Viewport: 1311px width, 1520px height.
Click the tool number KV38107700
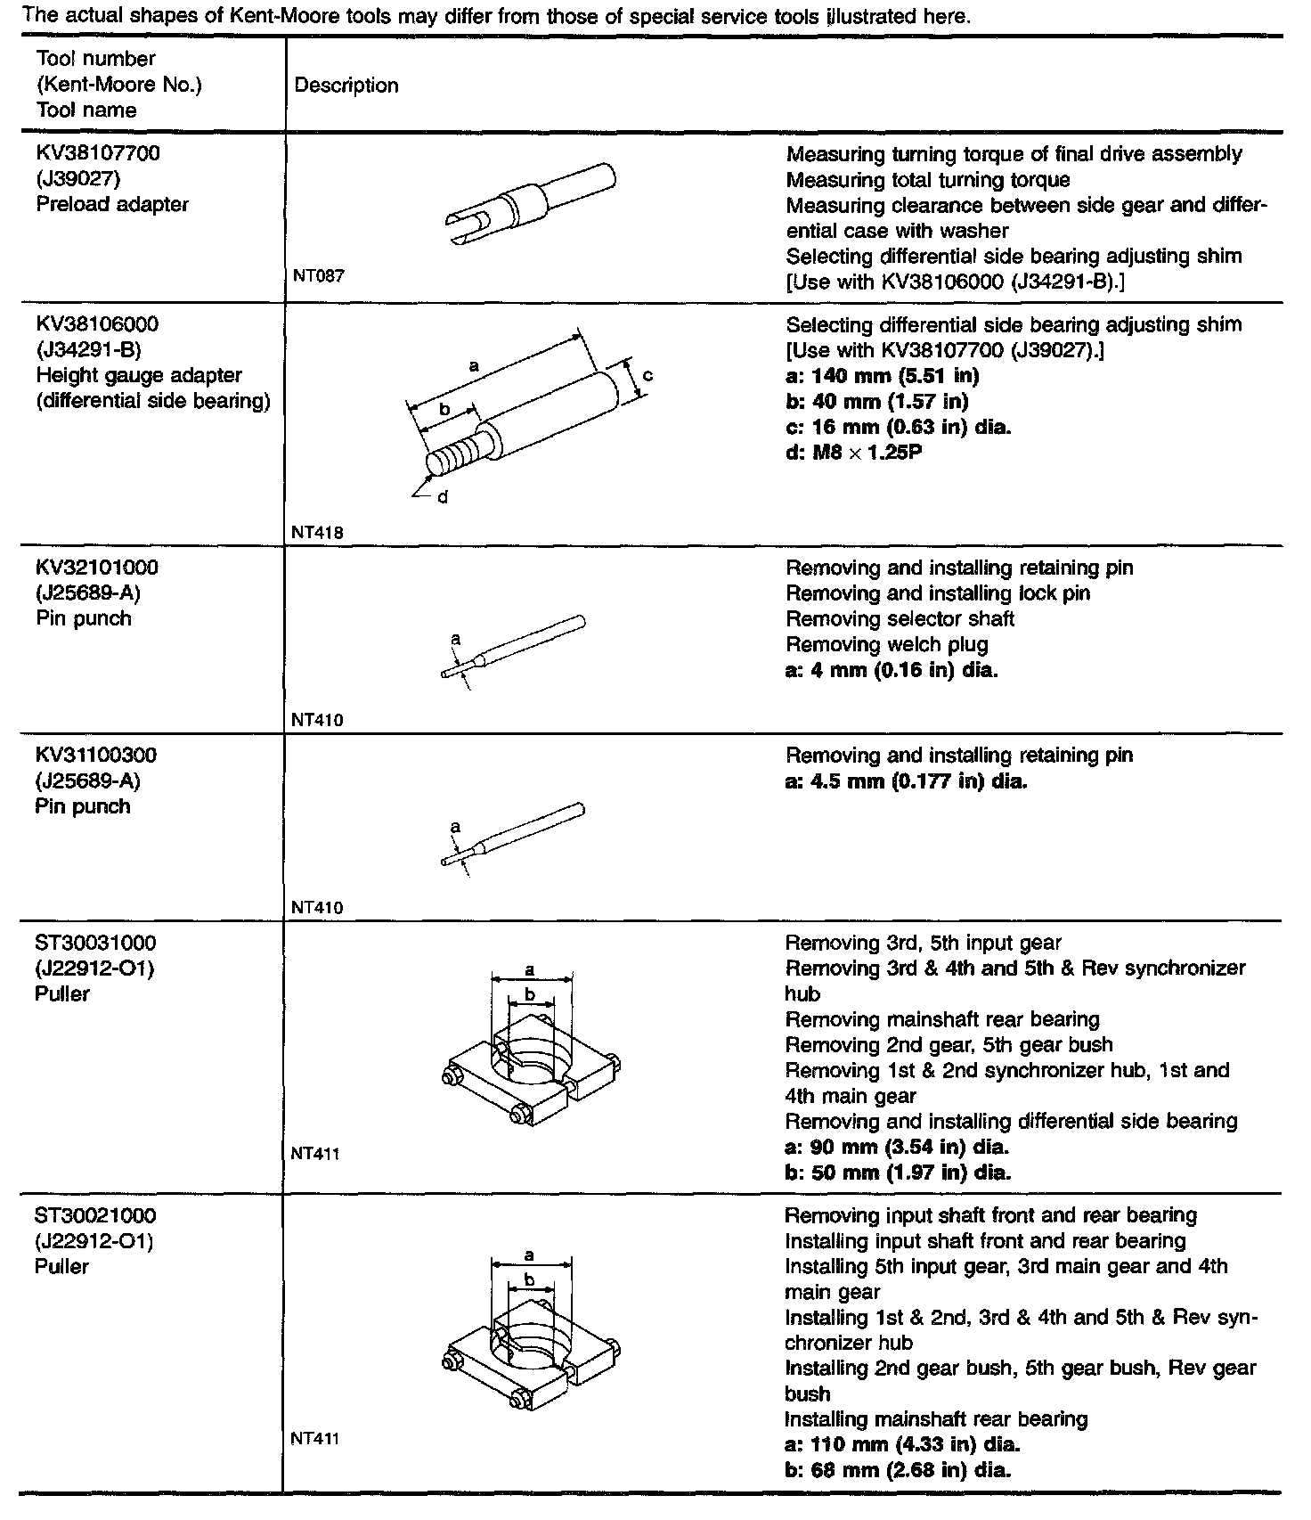coord(98,153)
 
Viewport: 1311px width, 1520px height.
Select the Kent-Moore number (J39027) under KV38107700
coord(78,179)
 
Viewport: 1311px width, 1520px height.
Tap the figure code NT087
coord(318,276)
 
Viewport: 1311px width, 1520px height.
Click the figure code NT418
coord(318,533)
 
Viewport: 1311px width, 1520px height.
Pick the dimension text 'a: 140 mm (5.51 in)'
coord(882,376)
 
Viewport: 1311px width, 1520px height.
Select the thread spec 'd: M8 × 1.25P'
coord(853,453)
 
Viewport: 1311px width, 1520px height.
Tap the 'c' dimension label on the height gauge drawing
coord(647,375)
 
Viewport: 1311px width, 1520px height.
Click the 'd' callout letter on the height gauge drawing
coord(442,497)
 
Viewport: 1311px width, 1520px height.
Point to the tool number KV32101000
coord(97,568)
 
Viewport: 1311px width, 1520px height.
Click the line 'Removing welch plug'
coord(886,644)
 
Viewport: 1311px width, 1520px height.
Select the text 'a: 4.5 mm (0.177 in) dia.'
coord(906,781)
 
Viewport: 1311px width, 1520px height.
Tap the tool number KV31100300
coord(96,756)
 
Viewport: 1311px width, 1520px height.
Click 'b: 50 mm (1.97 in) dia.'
coord(898,1173)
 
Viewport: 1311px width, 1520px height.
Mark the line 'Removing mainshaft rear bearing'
coord(942,1019)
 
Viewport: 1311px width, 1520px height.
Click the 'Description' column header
coord(346,86)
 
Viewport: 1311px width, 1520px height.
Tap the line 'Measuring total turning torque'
coord(928,180)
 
